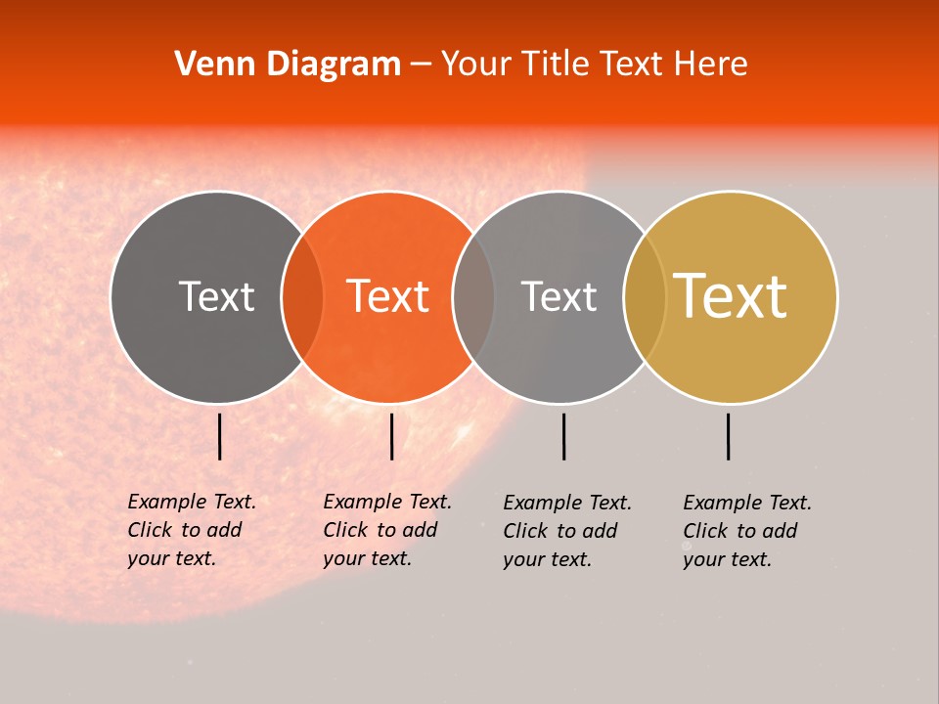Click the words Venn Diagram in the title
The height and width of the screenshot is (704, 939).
288,65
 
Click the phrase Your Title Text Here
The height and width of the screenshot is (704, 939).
594,65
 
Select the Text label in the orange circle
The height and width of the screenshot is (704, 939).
387,296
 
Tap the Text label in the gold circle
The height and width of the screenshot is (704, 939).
730,296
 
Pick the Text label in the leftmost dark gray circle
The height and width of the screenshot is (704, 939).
216,296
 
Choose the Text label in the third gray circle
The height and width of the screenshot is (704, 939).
559,296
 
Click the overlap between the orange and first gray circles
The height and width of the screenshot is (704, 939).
302,296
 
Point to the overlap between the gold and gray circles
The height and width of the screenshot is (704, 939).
645,296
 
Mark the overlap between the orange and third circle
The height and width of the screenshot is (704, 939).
473,296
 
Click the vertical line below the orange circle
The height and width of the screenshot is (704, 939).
391,436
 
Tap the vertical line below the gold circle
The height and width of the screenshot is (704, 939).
729,436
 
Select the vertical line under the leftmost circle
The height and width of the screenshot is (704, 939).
220,436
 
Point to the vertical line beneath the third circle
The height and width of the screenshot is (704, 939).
563,436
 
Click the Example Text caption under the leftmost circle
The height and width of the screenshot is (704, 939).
191,530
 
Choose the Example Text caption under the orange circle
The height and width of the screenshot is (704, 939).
386,530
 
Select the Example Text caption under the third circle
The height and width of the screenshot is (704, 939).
566,531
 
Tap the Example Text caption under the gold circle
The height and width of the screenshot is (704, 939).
746,531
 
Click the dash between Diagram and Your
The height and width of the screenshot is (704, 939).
421,65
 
